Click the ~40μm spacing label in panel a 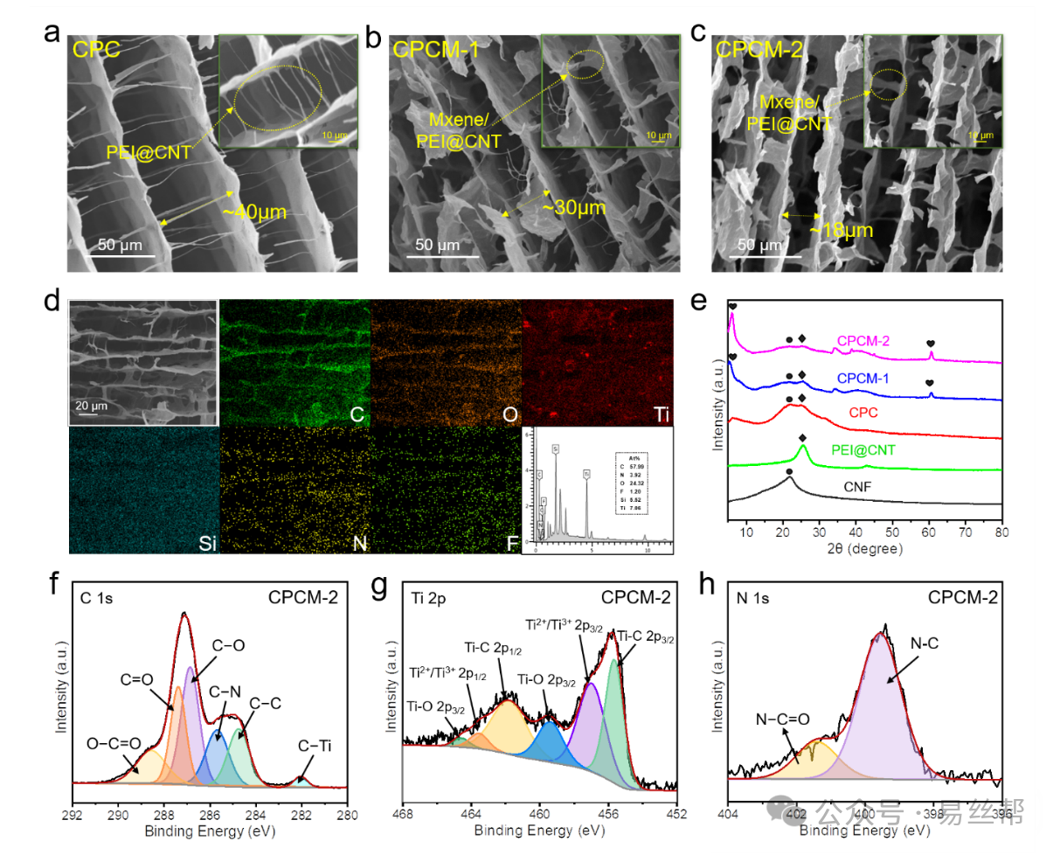click(x=255, y=212)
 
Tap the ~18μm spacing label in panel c click(x=841, y=230)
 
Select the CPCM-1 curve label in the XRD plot click(x=863, y=379)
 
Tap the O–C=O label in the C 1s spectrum click(x=114, y=743)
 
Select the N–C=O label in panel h click(x=782, y=719)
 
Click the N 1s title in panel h click(x=749, y=598)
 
